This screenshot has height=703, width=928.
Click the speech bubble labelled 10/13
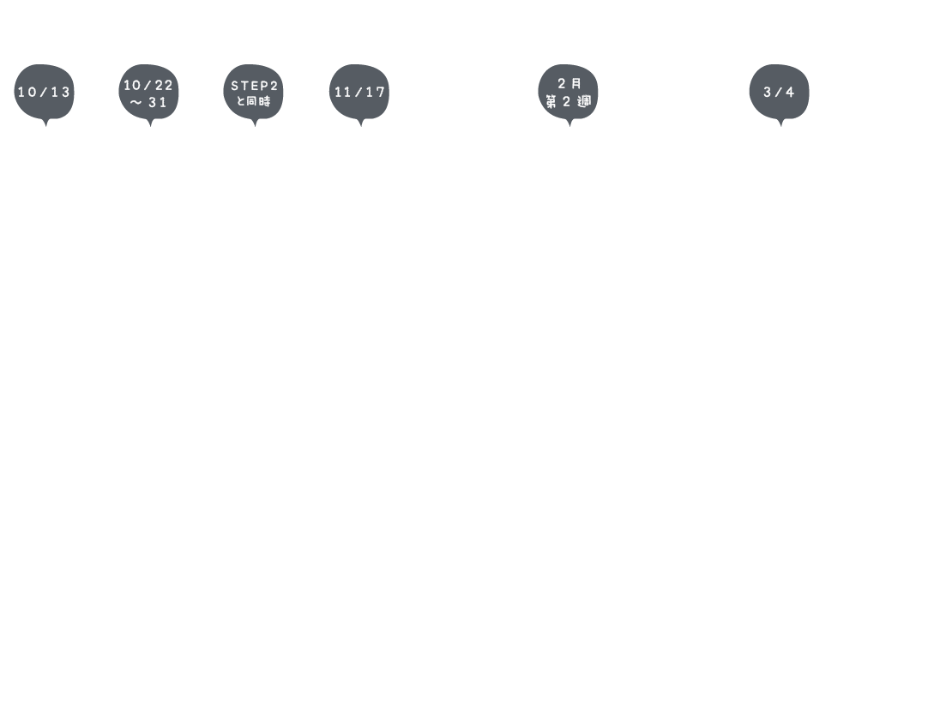coord(44,93)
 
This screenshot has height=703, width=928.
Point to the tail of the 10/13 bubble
coord(45,123)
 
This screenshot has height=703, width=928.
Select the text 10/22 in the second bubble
coord(148,85)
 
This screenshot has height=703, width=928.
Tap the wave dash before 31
coord(136,102)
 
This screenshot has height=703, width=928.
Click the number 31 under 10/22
coord(158,102)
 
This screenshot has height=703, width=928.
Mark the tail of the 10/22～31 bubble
coord(150,123)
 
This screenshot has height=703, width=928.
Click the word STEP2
coord(254,86)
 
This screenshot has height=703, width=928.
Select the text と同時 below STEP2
coord(253,101)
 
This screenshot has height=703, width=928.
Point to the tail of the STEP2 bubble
coord(255,123)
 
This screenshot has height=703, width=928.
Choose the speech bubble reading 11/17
coord(359,93)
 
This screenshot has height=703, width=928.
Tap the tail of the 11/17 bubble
coord(360,123)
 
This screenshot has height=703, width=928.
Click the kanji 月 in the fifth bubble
coord(575,84)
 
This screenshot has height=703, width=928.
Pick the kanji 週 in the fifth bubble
coord(584,102)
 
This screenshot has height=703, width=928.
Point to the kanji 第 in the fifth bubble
coord(551,102)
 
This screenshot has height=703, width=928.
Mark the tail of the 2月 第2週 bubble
coord(569,123)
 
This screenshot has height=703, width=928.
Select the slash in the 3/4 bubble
coord(779,93)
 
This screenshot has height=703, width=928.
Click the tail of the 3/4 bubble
coord(781,123)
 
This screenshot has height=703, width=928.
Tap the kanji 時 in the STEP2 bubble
coord(265,101)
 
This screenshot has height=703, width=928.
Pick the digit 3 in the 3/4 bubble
coord(768,93)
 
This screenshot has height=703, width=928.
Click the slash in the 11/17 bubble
coord(359,93)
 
